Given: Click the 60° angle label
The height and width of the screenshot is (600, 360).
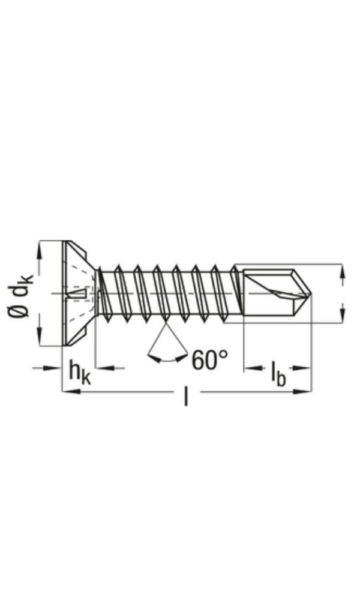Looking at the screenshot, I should click(x=210, y=361).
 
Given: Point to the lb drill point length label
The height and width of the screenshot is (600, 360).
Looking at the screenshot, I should click(x=277, y=374).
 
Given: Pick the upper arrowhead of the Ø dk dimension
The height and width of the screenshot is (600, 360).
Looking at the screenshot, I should click(x=40, y=247).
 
